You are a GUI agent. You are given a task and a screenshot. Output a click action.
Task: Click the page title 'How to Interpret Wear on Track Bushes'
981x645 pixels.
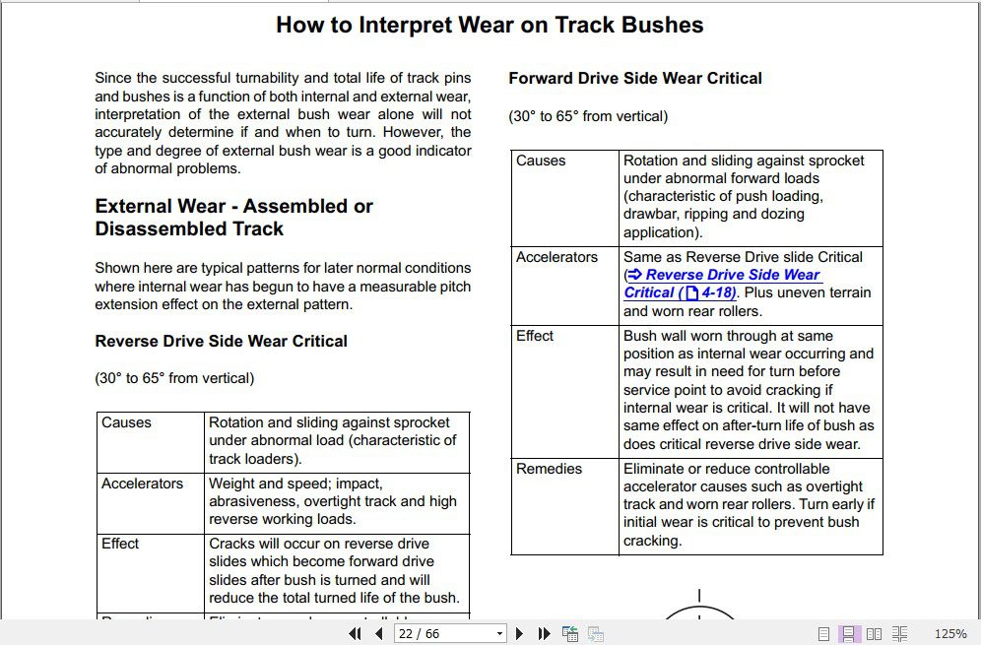point(490,25)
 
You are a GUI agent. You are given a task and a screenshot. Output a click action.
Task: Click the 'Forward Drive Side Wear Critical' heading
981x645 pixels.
point(634,78)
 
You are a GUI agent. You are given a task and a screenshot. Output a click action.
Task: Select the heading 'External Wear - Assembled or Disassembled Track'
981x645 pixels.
point(233,218)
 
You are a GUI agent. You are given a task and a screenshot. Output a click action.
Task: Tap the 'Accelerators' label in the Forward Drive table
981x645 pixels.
point(556,257)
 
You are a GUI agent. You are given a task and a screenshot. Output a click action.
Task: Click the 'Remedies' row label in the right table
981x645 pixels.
point(549,469)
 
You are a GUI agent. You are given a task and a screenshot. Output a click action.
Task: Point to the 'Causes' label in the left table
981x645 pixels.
point(126,422)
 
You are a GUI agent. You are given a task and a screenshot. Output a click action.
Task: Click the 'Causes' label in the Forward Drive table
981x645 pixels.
point(541,161)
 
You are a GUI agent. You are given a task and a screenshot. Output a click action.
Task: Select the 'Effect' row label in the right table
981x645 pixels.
point(535,336)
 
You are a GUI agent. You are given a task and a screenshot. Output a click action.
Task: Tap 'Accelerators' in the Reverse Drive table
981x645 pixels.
point(142,484)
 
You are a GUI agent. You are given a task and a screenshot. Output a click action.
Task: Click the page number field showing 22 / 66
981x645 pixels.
point(442,634)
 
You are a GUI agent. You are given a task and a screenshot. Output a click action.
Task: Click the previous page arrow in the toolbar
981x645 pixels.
point(379,634)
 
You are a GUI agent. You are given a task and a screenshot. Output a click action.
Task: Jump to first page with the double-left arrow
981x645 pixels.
point(356,634)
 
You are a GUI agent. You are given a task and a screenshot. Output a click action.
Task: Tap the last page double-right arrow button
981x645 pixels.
point(543,634)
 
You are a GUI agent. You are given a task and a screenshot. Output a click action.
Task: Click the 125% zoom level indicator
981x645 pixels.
point(949,634)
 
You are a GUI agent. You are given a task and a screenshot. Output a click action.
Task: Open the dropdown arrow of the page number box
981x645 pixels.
point(499,634)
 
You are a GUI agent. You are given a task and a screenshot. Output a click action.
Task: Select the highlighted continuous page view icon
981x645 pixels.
point(848,634)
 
